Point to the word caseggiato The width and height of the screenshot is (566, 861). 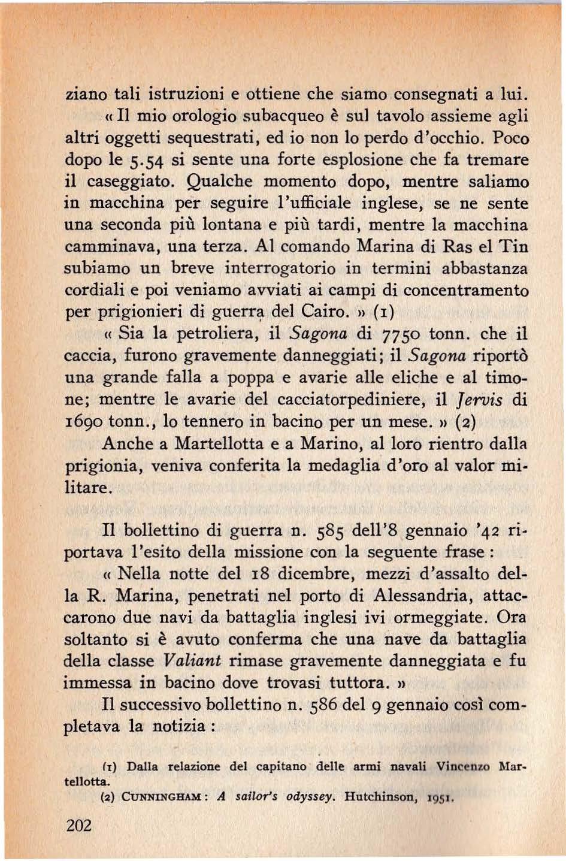127,182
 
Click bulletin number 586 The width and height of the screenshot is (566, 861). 326,705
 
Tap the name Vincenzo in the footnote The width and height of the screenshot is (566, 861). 462,766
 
